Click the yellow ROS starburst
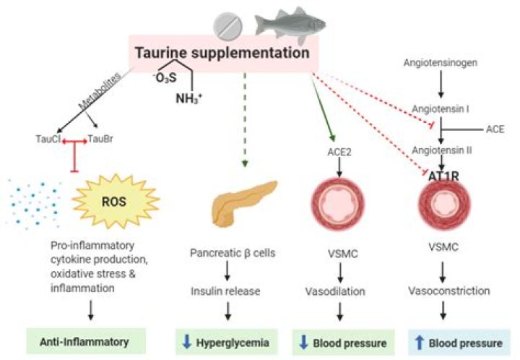(115, 202)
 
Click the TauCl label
(48, 139)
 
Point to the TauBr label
(100, 139)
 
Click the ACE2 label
(339, 152)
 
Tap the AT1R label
(443, 176)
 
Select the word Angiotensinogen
(441, 63)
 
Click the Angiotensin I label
(441, 109)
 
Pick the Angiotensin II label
(442, 150)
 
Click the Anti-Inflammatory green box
(86, 341)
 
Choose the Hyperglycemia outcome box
(226, 342)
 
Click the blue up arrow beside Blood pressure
(420, 343)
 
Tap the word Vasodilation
(335, 291)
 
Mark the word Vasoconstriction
(449, 291)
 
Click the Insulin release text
(225, 291)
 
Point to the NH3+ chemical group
(188, 98)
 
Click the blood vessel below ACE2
(337, 203)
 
